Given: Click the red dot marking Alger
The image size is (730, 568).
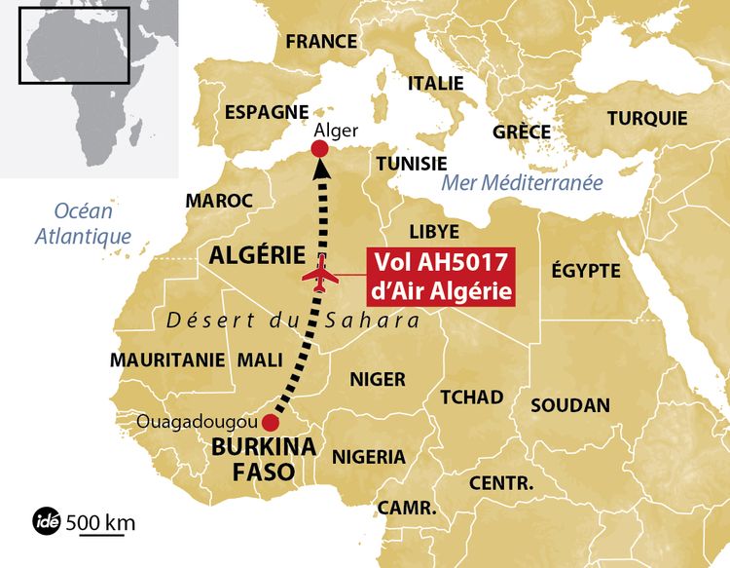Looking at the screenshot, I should click(318, 148).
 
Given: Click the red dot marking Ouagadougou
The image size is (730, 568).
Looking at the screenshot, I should click(271, 424).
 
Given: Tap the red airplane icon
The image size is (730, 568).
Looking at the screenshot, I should click(320, 275).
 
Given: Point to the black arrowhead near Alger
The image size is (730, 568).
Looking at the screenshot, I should click(321, 170).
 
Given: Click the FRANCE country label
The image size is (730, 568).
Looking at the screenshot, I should click(321, 41).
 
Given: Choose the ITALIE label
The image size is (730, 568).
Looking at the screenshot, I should click(435, 84).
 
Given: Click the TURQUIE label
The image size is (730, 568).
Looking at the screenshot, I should click(647, 118).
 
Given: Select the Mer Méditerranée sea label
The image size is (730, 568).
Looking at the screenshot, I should click(523, 182).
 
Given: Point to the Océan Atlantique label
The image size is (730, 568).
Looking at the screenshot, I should click(84, 223).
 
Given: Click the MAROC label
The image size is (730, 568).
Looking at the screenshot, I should click(219, 200).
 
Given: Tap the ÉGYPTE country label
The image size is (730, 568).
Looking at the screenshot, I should click(585, 270).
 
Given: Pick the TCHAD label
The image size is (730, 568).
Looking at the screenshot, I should click(472, 397).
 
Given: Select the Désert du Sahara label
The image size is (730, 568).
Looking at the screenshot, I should click(293, 321).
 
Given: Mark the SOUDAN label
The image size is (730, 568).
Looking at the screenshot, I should click(570, 404).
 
